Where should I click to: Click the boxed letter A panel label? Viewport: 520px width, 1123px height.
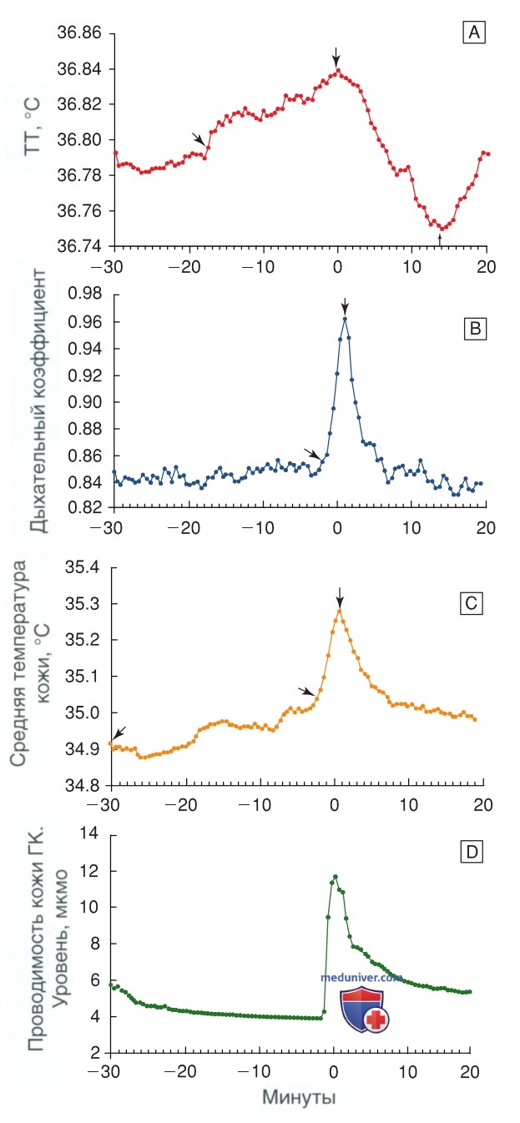click(x=473, y=33)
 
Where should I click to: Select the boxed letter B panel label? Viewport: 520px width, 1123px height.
click(x=475, y=329)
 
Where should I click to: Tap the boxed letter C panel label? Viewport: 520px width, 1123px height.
click(x=472, y=603)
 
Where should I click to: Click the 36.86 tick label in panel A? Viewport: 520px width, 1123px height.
click(x=79, y=33)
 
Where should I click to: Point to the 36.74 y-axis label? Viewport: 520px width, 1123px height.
click(x=79, y=246)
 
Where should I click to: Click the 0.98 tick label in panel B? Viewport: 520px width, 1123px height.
click(x=85, y=294)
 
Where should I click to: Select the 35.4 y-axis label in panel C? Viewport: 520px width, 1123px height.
click(x=83, y=568)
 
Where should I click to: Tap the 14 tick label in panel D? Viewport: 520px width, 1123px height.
click(x=90, y=833)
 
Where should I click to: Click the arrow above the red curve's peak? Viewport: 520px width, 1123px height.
click(x=336, y=57)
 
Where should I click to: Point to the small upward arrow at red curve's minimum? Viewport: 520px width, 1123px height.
click(x=440, y=239)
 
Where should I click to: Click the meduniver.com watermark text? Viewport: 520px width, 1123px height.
click(x=361, y=977)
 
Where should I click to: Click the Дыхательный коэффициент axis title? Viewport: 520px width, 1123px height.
click(x=38, y=401)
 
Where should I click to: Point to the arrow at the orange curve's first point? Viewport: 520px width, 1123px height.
click(x=119, y=733)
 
